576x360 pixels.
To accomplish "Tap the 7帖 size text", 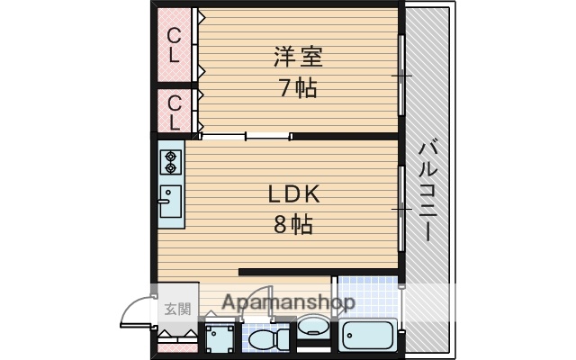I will [298, 89].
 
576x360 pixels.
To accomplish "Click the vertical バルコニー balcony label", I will [429, 190].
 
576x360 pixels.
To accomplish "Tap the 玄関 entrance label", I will [177, 310].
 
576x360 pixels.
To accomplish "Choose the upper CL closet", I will [175, 45].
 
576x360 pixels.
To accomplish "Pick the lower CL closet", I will [175, 111].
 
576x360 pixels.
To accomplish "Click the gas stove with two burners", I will [171, 162].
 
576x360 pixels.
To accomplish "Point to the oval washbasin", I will [313, 327].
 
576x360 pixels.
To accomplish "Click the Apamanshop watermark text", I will [287, 303].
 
